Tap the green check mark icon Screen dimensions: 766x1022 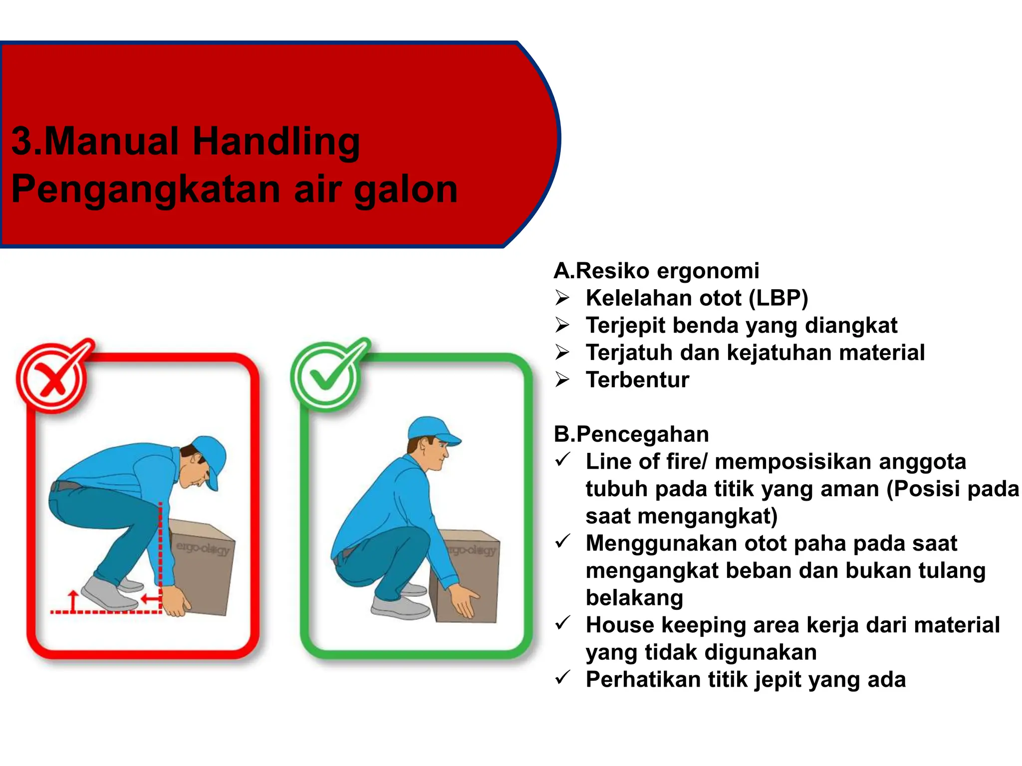[x=327, y=375]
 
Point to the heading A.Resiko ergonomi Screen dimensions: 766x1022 [x=656, y=271]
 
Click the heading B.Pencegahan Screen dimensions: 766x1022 [x=631, y=434]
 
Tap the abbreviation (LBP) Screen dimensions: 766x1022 [x=778, y=298]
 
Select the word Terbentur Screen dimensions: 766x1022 [x=637, y=380]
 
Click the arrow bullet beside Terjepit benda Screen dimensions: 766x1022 [x=562, y=326]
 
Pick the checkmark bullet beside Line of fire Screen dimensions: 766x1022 [x=562, y=460]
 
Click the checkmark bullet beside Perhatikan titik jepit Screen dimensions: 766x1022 [x=562, y=678]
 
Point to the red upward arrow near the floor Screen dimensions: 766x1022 [x=74, y=600]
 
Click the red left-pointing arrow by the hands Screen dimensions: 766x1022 [x=150, y=598]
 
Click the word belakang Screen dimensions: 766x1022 [x=634, y=597]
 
